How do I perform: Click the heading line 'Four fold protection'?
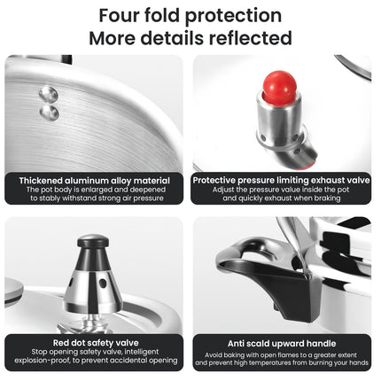click(190, 17)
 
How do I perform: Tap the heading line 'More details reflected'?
click(190, 38)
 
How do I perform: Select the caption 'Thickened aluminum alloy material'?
click(94, 179)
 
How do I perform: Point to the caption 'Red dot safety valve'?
click(94, 340)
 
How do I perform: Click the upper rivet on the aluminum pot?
click(50, 95)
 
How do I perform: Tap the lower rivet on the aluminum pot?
click(50, 113)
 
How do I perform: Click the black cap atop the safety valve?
click(93, 242)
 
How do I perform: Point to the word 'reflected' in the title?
click(252, 38)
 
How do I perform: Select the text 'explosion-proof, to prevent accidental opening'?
click(94, 361)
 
